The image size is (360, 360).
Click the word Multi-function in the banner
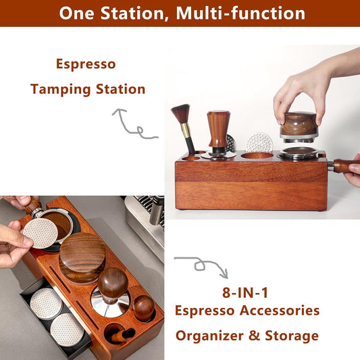click(x=240, y=14)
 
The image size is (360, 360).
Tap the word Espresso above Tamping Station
click(x=86, y=64)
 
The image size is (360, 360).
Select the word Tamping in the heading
click(x=61, y=90)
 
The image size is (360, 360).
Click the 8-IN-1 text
click(x=245, y=293)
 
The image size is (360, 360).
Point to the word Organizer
click(x=209, y=336)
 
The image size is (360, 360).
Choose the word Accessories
click(x=280, y=311)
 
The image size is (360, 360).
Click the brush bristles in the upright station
click(x=181, y=113)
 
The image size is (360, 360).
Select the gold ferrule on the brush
click(x=186, y=130)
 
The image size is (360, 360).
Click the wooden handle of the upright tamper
click(x=218, y=129)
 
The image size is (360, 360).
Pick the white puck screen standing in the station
click(x=259, y=143)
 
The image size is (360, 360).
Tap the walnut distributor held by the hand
click(x=299, y=125)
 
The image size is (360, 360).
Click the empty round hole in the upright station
click(x=257, y=155)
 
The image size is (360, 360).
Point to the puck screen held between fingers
click(x=41, y=233)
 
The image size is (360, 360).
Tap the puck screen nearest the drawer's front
click(x=67, y=330)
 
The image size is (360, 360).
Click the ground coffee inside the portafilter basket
click(x=59, y=223)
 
